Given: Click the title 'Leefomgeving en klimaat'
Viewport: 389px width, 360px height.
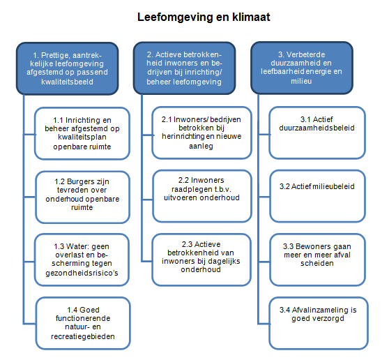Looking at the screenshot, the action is (204, 17).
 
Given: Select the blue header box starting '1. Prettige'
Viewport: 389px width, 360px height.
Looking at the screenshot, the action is (67, 68).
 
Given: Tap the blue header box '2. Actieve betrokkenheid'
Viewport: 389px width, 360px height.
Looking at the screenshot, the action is (184, 68).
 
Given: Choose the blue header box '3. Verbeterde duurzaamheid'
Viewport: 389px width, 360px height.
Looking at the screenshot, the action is (302, 68).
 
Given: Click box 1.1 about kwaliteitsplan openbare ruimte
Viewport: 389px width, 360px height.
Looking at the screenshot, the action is (82, 133).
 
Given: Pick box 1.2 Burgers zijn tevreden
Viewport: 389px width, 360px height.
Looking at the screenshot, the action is (83, 197).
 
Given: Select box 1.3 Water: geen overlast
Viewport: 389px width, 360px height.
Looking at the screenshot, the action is (82, 260).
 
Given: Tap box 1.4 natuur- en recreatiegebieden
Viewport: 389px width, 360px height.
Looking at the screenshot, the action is (83, 323).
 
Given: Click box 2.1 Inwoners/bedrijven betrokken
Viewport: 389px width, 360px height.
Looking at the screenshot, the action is (201, 133).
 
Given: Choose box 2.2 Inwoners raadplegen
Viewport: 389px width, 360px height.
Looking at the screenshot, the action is (202, 196).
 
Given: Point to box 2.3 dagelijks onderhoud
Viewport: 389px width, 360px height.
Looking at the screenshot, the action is (201, 260).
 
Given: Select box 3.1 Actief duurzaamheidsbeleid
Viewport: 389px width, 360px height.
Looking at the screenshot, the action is (317, 133).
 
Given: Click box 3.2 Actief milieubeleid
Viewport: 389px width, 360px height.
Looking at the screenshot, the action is (318, 196).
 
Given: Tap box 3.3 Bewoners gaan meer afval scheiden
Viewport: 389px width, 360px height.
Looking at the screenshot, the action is (318, 260).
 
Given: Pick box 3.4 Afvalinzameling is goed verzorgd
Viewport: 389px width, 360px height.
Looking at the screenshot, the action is (319, 323).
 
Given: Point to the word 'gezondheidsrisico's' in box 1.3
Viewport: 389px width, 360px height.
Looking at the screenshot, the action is (82, 273).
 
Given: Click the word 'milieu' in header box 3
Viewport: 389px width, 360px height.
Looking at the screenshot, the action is (301, 81).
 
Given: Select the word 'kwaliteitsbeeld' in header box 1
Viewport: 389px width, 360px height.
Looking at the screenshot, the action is (67, 82).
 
